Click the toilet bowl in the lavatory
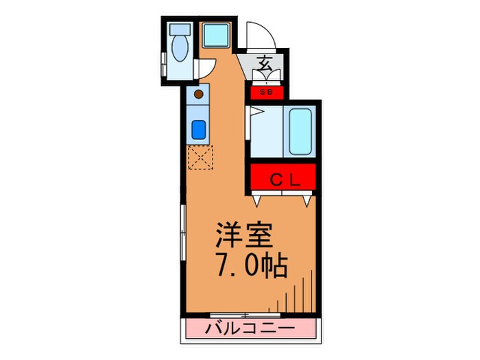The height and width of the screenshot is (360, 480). pos(181,49)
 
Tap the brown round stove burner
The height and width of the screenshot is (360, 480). pos(199,94)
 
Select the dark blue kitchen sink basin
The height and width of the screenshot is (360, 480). pos(198,128)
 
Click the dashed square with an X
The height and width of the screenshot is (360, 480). pos(200,158)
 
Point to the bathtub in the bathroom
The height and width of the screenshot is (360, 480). pos(302,131)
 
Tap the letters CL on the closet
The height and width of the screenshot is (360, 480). pos(283,180)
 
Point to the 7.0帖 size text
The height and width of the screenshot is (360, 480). pos(252,265)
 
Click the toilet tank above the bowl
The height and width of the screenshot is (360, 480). pos(180,30)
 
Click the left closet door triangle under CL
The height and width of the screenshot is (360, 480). pos(256,201)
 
